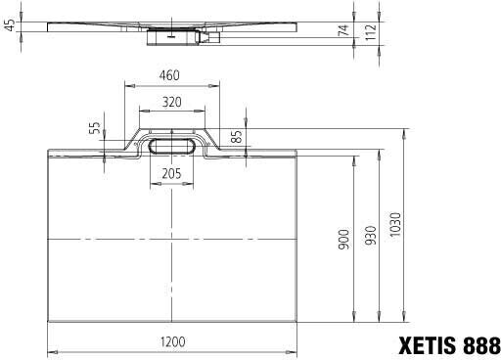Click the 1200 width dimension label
pyautogui.click(x=172, y=341)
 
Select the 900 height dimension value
pyautogui.click(x=343, y=239)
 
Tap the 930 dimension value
pyautogui.click(x=370, y=239)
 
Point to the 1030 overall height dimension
pyautogui.click(x=395, y=226)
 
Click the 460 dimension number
pyautogui.click(x=170, y=74)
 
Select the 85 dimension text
pyautogui.click(x=236, y=136)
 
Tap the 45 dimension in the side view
pyautogui.click(x=10, y=25)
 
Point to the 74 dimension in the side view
pyautogui.click(x=343, y=31)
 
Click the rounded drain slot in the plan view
pyautogui.click(x=171, y=146)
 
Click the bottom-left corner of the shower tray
pyautogui.click(x=49, y=319)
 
